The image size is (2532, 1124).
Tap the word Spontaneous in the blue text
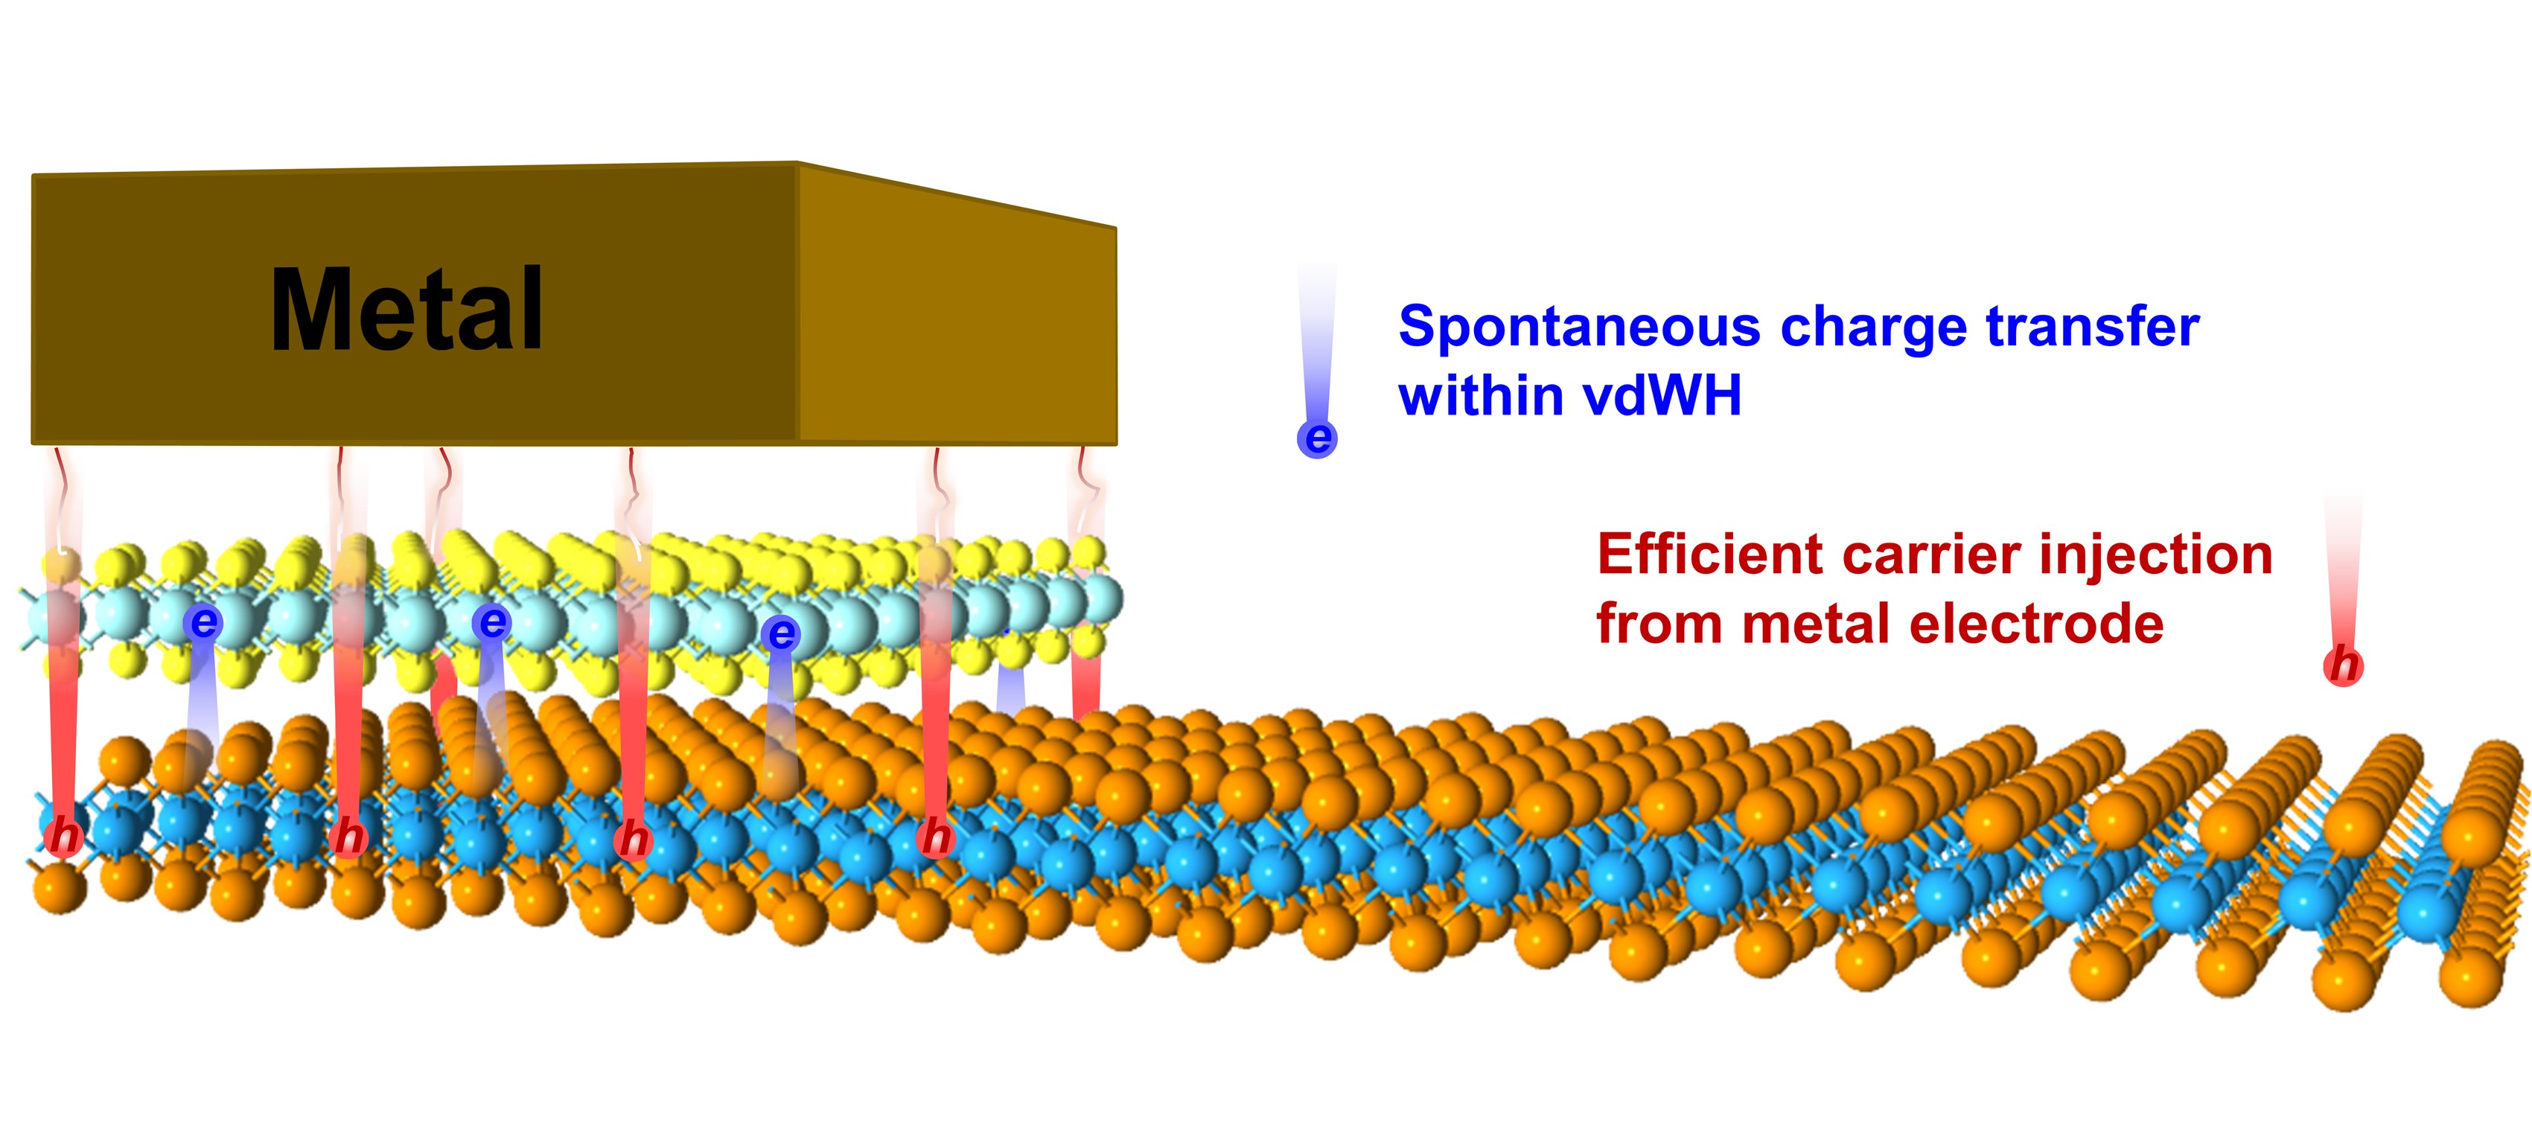[1578, 328]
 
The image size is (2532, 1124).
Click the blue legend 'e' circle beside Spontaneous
[1317, 438]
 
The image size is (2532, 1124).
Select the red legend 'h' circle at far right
[2344, 666]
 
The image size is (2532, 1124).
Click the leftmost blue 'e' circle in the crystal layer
[203, 622]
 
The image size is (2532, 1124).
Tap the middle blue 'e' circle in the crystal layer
[491, 622]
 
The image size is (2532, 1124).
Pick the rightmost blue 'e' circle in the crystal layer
[782, 633]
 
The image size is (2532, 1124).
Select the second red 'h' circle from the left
[348, 838]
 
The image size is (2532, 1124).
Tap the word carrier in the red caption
[1930, 555]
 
